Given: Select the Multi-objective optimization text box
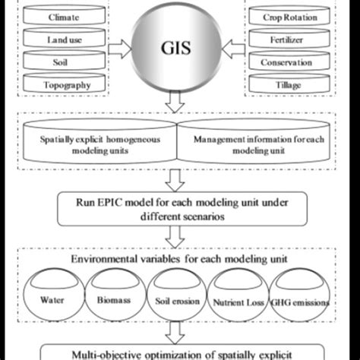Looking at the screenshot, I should coord(180,352).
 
